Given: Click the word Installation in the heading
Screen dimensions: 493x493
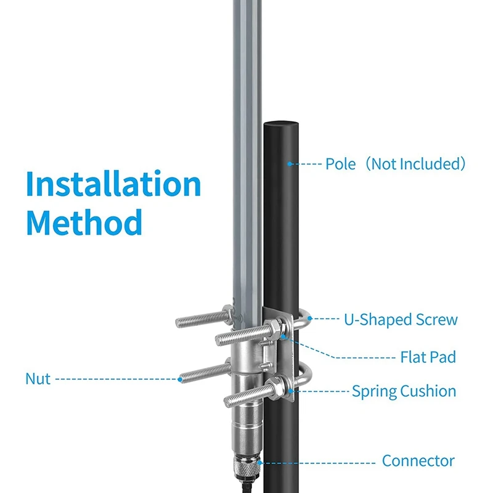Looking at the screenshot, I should [113, 185].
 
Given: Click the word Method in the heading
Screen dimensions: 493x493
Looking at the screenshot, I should [84, 222].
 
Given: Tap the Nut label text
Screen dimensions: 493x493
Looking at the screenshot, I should [38, 378].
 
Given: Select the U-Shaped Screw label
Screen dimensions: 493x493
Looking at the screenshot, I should [401, 319].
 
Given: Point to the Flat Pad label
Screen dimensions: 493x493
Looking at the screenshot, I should [428, 357].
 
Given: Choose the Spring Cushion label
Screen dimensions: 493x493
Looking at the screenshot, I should [404, 391].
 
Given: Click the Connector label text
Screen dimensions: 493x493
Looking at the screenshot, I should [418, 461].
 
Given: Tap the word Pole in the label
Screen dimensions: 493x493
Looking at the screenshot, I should [341, 164].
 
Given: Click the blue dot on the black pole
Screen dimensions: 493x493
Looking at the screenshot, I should [289, 164].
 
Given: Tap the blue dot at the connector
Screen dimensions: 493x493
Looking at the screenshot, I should [261, 462].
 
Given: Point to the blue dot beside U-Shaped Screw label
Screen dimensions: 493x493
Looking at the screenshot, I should [310, 319].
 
